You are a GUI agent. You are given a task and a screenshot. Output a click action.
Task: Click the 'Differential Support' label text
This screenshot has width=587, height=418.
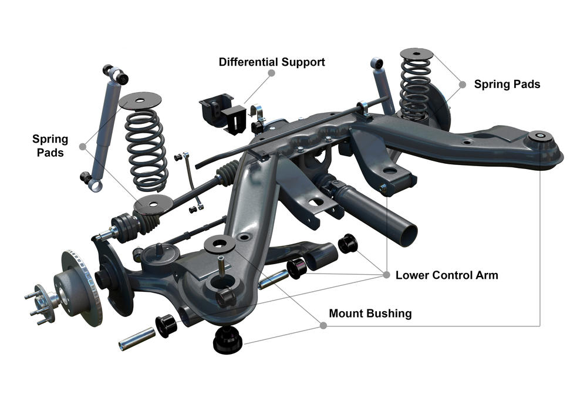point(272,62)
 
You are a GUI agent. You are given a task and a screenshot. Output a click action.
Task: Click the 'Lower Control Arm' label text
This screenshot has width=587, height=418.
point(447,275)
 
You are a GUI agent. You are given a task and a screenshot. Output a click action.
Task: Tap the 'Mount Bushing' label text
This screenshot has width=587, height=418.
point(370,313)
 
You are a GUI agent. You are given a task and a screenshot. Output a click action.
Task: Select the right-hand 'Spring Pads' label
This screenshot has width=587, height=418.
point(507,84)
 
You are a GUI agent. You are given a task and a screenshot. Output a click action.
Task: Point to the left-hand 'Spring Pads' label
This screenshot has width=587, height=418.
point(50,146)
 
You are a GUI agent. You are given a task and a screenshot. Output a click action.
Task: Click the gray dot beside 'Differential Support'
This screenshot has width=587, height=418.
point(271,73)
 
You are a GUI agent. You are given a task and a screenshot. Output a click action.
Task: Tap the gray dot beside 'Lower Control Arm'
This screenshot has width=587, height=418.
point(386,275)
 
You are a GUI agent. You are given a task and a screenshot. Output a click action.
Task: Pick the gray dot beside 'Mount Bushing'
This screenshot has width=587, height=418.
point(322,325)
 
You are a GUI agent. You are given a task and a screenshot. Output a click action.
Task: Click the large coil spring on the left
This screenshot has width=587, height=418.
point(146,150)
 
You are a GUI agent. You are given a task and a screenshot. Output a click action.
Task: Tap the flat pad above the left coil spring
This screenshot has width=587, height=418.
point(140,100)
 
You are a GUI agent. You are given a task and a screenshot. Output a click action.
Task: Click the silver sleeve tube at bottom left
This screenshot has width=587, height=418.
point(137,339)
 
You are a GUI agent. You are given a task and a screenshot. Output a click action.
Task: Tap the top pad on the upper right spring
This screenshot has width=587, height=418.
point(417,54)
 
